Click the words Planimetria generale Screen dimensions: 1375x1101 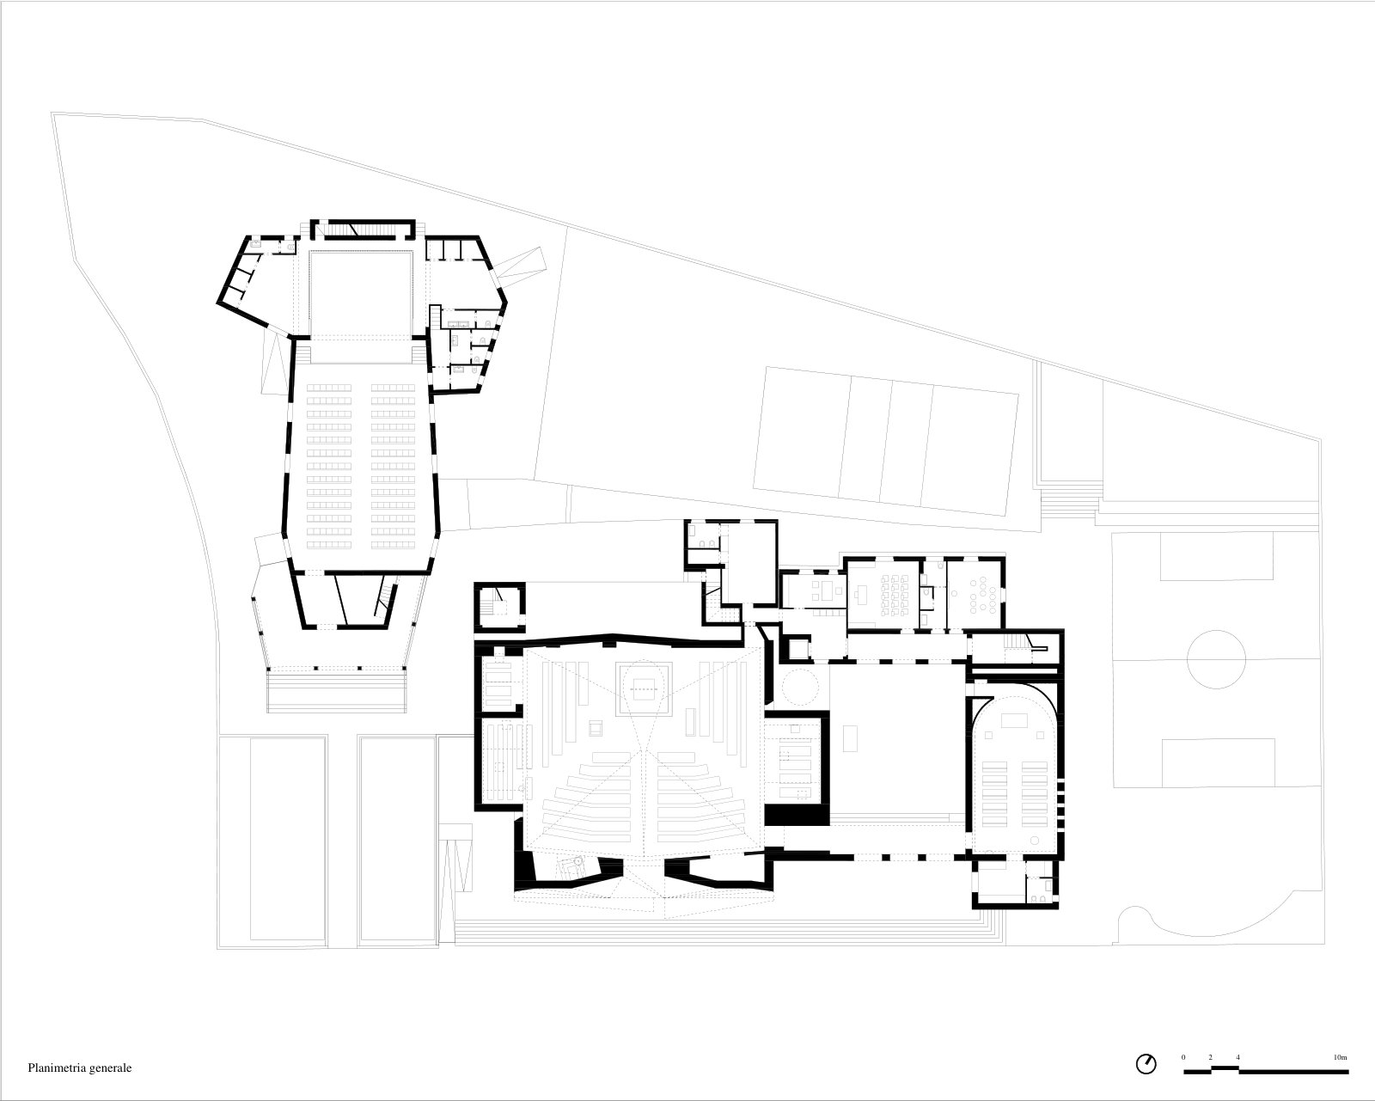pyautogui.click(x=80, y=1067)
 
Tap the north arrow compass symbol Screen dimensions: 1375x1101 pyautogui.click(x=1146, y=1064)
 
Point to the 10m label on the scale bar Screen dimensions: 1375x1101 pyautogui.click(x=1341, y=1057)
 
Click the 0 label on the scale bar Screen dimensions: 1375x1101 pyautogui.click(x=1183, y=1057)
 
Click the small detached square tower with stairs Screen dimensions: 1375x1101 pyautogui.click(x=499, y=607)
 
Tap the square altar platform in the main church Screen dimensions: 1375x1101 pyautogui.click(x=644, y=688)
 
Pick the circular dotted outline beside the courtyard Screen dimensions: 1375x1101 pyautogui.click(x=798, y=686)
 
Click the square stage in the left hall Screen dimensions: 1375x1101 pyautogui.click(x=361, y=295)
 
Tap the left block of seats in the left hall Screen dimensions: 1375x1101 pyautogui.click(x=329, y=466)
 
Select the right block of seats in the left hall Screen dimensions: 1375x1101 pyautogui.click(x=393, y=466)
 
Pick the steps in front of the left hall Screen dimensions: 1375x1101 pyautogui.click(x=336, y=689)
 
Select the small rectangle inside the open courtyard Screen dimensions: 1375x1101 pyautogui.click(x=851, y=738)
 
